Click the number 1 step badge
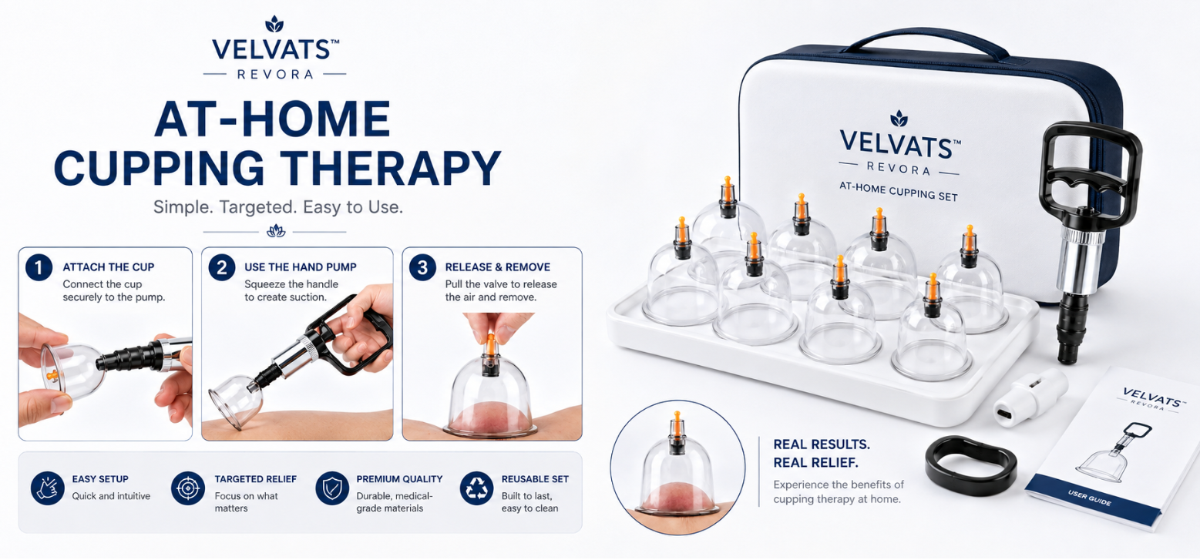tap(39, 267)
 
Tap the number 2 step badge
tap(222, 267)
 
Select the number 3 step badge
tap(422, 267)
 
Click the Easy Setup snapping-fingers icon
tap(48, 488)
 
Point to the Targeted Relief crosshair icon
tap(188, 488)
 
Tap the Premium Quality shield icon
tap(332, 488)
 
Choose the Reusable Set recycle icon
tap(476, 488)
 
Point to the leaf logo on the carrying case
tap(899, 119)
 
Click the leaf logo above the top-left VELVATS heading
tap(274, 24)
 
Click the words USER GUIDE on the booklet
tap(1089, 498)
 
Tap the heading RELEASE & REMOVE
tap(498, 267)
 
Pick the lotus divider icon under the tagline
tap(276, 231)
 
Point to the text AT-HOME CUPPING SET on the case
tap(899, 191)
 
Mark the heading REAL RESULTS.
tap(822, 444)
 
